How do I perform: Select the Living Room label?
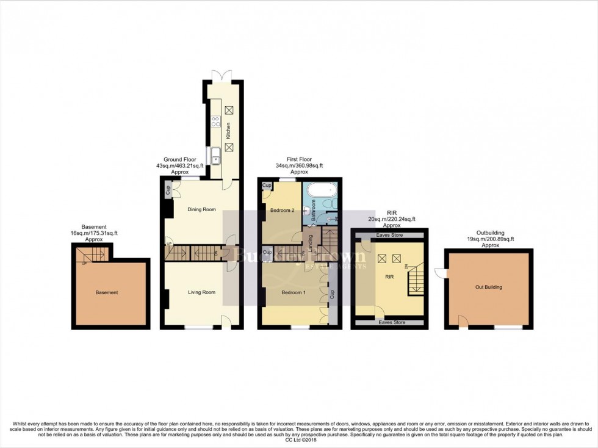click(201, 292)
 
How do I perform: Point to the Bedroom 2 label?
click(283, 211)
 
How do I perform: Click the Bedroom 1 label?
click(293, 293)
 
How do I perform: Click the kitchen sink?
click(216, 157)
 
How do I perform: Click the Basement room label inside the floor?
click(107, 292)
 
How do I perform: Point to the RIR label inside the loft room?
click(389, 276)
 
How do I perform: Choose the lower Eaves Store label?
click(392, 322)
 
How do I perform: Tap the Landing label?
click(311, 242)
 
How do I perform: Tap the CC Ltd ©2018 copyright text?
click(298, 439)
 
